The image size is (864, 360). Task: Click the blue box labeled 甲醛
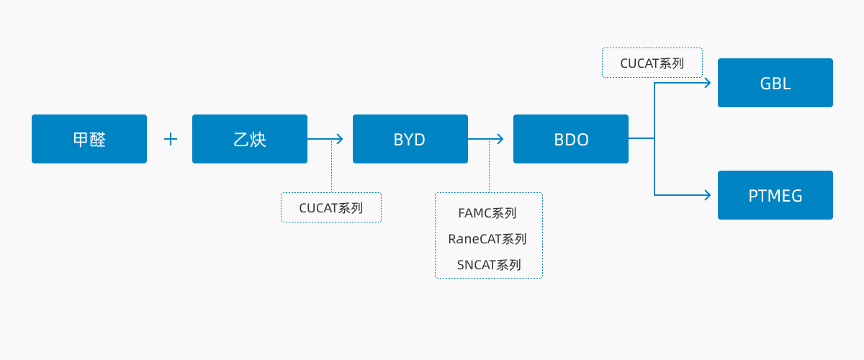click(x=89, y=139)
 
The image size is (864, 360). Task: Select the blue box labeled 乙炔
click(x=250, y=139)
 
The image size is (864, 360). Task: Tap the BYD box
click(x=410, y=139)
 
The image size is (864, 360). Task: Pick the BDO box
click(x=570, y=139)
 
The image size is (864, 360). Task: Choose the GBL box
click(x=775, y=83)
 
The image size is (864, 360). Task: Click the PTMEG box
click(x=775, y=195)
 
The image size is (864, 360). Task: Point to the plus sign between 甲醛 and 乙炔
click(x=171, y=139)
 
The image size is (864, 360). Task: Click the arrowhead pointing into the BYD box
click(x=340, y=139)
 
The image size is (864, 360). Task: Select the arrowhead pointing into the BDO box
click(x=500, y=139)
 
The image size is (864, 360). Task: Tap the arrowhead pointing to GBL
click(x=707, y=83)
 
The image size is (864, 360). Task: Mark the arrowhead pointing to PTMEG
click(x=707, y=195)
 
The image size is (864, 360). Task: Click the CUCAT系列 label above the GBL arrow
click(x=652, y=63)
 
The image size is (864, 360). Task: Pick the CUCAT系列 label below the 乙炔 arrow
click(x=331, y=208)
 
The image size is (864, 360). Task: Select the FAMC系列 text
click(x=487, y=213)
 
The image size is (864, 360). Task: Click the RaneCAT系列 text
click(x=487, y=239)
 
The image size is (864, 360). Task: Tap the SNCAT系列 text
click(x=489, y=265)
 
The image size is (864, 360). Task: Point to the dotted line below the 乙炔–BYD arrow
click(x=331, y=166)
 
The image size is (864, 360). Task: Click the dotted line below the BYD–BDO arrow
click(x=489, y=166)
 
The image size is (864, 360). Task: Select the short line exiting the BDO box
click(x=641, y=138)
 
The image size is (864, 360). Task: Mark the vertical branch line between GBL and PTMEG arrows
click(x=654, y=139)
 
